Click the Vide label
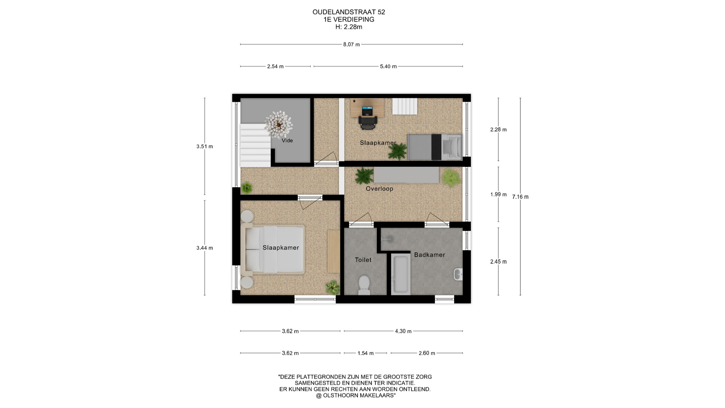(287, 141)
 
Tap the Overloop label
(379, 189)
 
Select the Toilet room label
(363, 260)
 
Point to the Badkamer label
(429, 255)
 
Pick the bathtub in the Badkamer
(401, 275)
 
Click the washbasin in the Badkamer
(458, 274)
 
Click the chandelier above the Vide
(279, 124)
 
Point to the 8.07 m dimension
(351, 45)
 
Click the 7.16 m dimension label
(520, 197)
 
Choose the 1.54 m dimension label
(366, 353)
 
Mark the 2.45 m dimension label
(498, 261)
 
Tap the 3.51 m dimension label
(205, 147)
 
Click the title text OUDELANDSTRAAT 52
(349, 12)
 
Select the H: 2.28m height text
(349, 27)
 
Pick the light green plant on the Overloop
(452, 177)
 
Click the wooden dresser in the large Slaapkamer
(334, 251)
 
